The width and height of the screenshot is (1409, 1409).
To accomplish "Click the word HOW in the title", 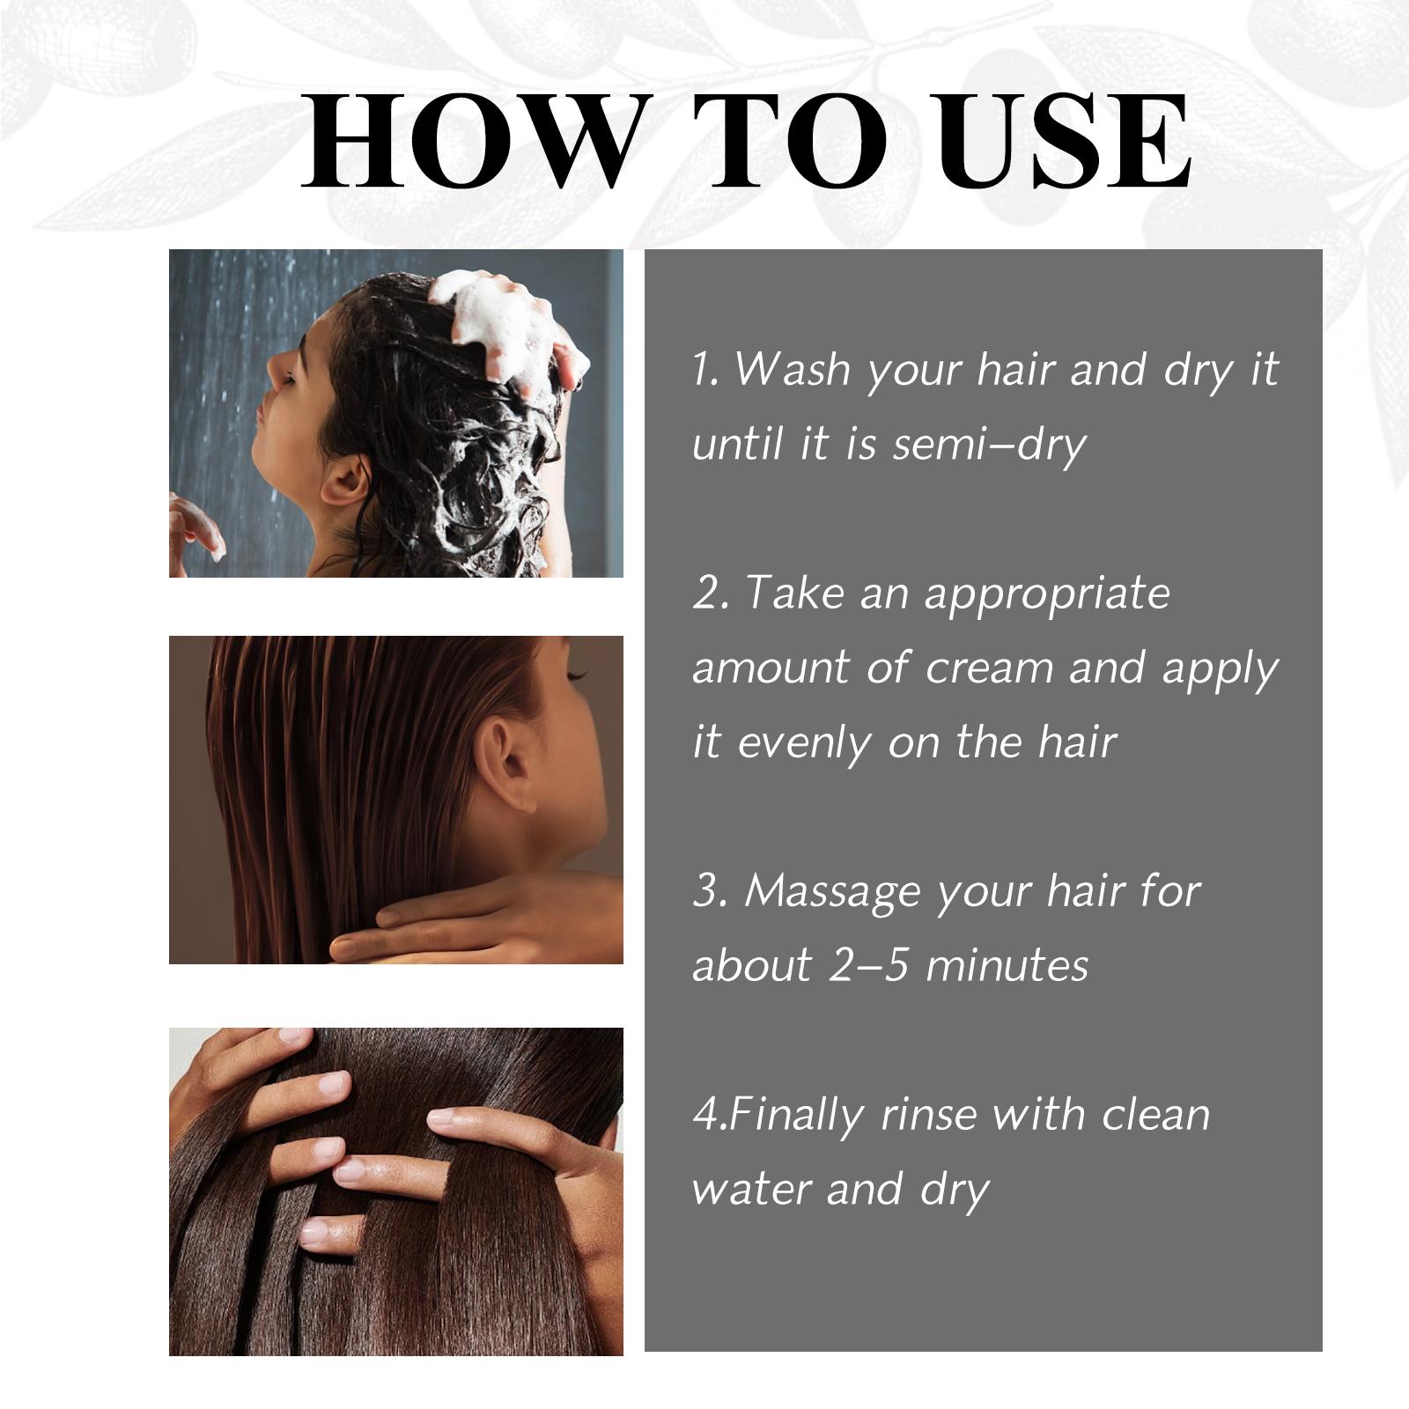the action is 470,142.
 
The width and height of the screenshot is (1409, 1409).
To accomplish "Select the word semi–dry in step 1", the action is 989,445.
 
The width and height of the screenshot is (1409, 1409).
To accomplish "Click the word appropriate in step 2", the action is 1047,596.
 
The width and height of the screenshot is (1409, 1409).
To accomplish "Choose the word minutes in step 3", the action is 1007,965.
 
